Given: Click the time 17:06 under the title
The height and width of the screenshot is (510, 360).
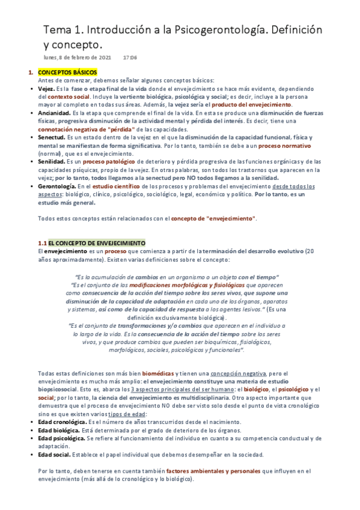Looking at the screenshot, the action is point(130,58).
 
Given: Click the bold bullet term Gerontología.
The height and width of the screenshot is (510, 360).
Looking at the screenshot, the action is point(56,186).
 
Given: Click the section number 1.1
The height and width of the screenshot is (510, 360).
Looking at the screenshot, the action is point(42,242).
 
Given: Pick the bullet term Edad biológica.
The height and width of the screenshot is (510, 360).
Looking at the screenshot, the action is point(59,430).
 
